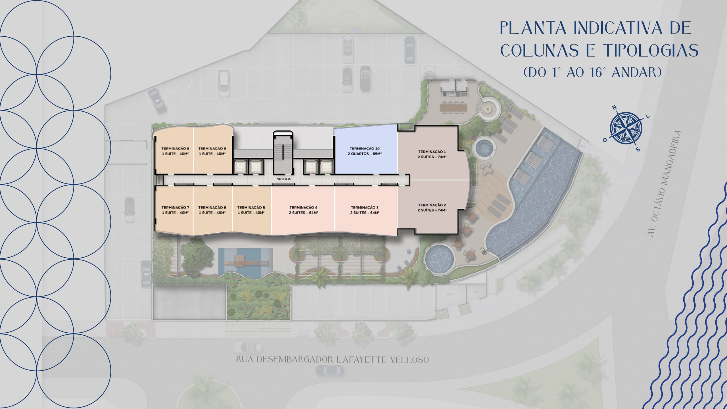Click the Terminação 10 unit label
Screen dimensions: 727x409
point(365,151)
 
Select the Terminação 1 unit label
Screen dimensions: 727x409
point(432,154)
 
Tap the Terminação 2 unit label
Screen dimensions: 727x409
point(432,208)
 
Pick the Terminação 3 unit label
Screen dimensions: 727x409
point(365,210)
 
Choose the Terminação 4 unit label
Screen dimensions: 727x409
point(303,210)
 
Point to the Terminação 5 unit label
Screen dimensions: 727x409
point(251,210)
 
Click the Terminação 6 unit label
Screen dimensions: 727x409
point(212,210)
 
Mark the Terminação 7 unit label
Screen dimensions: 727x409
point(175,210)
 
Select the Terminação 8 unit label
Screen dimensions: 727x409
point(175,151)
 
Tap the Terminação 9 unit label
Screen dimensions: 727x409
point(212,151)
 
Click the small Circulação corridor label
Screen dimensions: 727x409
point(283,179)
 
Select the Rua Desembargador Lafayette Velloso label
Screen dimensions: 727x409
point(332,360)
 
